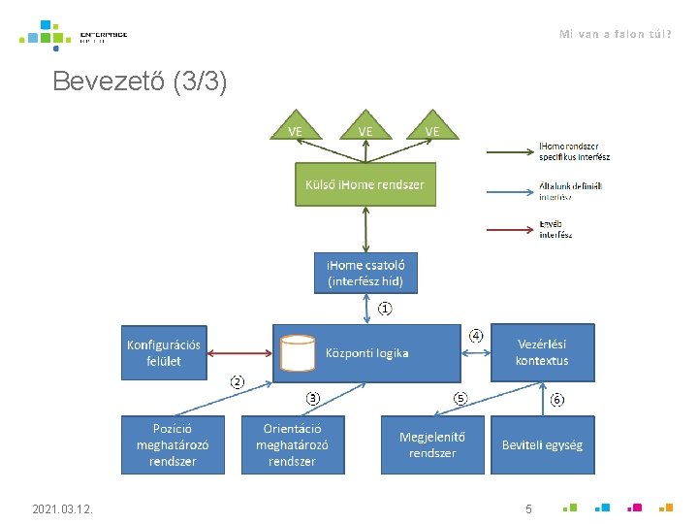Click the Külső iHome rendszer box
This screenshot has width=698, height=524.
pos(365,184)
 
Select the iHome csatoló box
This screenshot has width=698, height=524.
pos(366,273)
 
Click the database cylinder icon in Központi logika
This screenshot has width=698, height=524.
pos(297,353)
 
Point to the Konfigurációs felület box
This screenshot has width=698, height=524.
pos(164,352)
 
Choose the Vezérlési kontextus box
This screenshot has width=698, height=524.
pos(542,352)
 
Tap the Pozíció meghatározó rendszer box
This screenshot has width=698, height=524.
pos(172,444)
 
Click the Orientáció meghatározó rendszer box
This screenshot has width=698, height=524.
pos(292,444)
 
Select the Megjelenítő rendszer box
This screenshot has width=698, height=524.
pos(431,444)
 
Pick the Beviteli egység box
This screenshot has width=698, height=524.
pos(542,444)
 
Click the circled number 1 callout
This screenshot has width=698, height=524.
pos(385,310)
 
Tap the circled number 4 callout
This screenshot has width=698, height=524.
pos(476,336)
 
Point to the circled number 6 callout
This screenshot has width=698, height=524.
pos(557,399)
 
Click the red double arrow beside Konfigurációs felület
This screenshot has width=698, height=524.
pos(241,353)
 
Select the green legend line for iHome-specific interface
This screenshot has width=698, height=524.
pos(510,151)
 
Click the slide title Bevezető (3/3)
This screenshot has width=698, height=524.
pos(141,82)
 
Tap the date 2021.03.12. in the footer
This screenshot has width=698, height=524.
pos(62,508)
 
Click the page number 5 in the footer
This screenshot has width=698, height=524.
pos(528,508)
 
